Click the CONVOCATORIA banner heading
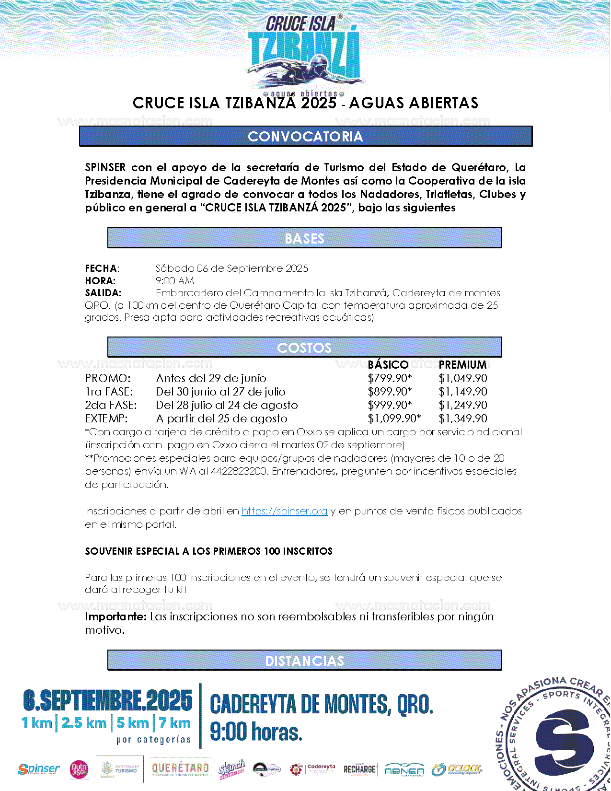tap(305, 137)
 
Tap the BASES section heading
tap(304, 238)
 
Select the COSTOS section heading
tap(304, 348)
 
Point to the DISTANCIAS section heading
tap(304, 661)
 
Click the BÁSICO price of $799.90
tap(390, 378)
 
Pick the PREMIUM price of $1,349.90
tap(463, 419)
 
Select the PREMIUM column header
tap(462, 365)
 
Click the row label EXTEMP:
tap(106, 419)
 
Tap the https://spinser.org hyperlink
tap(285, 511)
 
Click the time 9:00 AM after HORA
tap(175, 281)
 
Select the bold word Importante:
tap(115, 617)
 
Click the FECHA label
tap(102, 268)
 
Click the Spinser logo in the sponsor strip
tap(39, 769)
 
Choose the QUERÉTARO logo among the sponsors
tap(180, 768)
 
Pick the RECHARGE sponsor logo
tap(359, 769)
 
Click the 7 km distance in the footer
tap(175, 723)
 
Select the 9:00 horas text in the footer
tap(256, 732)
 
